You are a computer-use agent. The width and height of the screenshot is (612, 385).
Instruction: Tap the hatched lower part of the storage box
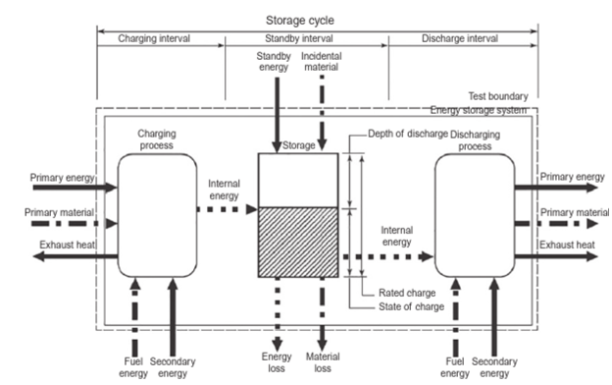(296, 247)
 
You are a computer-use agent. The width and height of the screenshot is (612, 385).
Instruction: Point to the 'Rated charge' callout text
(405, 293)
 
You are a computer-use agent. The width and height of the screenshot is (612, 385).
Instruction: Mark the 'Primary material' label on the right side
(575, 212)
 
